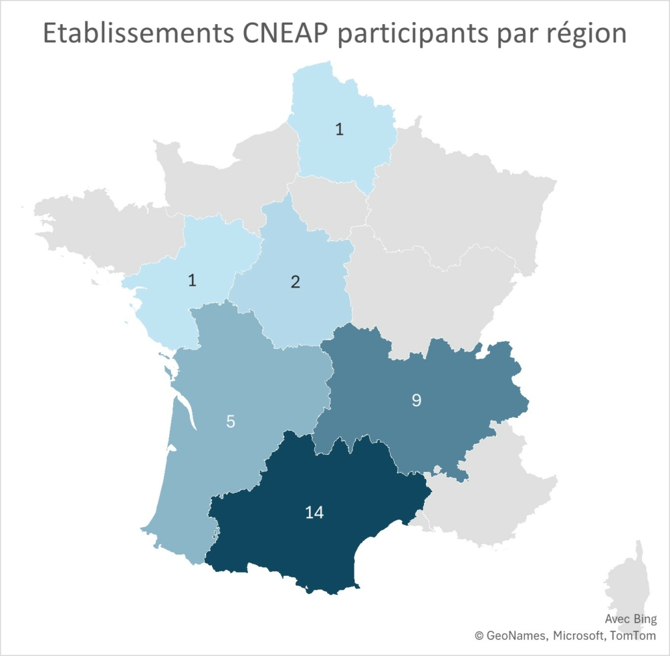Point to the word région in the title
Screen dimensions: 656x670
pos(585,34)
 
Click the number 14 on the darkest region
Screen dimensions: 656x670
pos(314,513)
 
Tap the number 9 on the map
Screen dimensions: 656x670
pos(416,400)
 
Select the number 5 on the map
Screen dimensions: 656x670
pos(230,421)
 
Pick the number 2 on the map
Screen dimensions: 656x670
pos(295,282)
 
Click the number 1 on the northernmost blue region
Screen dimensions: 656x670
pos(339,129)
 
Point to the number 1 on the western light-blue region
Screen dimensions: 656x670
pos(192,280)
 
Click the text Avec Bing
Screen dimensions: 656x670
pos(630,620)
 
